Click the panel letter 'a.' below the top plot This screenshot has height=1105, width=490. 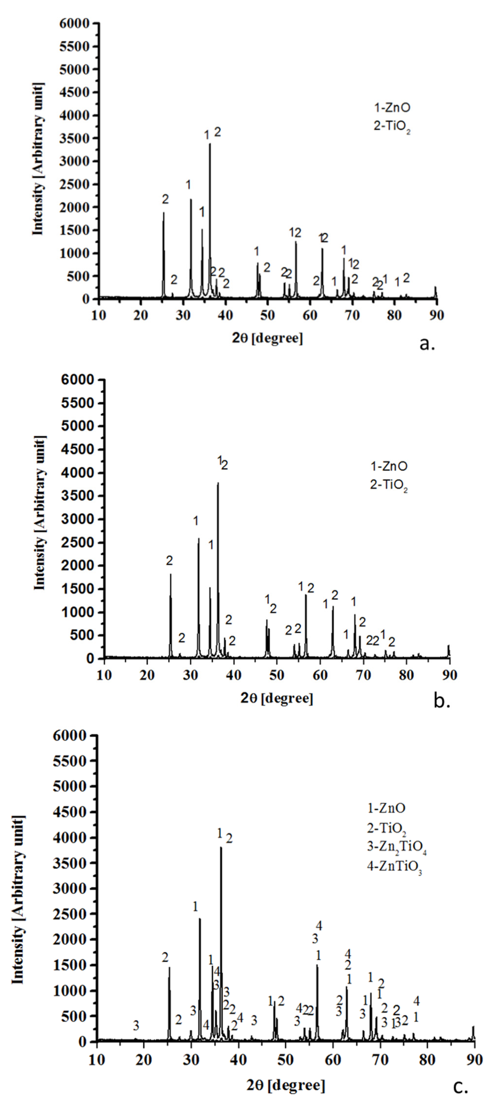coord(427,344)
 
